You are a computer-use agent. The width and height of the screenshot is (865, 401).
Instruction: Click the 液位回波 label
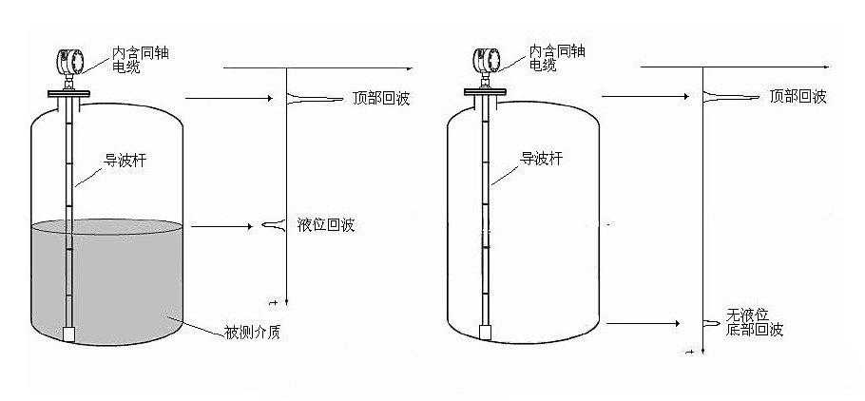[x=326, y=225]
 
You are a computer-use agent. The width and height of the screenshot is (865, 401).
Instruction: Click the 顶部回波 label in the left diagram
[x=380, y=98]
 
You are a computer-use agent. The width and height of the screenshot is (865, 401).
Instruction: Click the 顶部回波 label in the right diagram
[x=798, y=96]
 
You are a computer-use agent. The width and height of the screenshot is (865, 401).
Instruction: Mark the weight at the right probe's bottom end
[x=485, y=333]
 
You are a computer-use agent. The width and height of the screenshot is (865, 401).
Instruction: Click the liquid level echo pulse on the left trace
[x=273, y=225]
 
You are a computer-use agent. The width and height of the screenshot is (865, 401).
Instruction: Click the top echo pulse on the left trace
[x=309, y=97]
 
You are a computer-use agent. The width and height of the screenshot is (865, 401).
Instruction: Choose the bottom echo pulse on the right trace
[x=711, y=323]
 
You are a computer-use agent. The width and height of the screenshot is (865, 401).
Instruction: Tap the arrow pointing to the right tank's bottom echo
[x=642, y=324]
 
